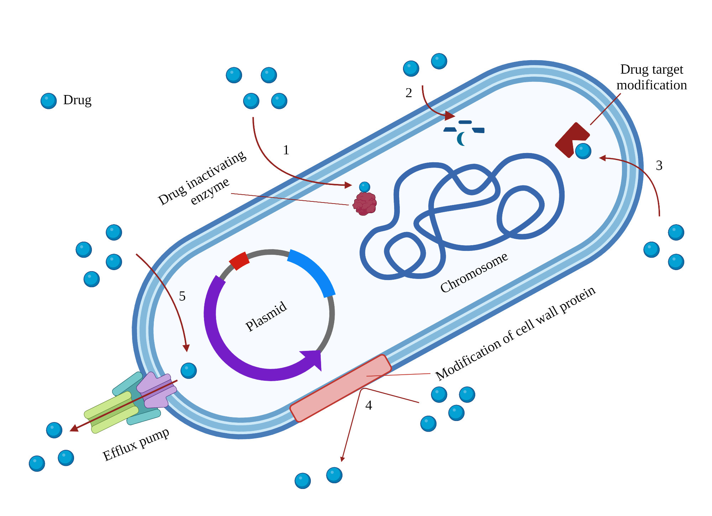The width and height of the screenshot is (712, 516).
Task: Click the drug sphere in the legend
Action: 49,101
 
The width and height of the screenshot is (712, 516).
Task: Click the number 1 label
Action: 286,150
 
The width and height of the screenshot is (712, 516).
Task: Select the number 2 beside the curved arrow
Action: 409,93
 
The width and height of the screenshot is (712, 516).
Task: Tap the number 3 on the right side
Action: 659,165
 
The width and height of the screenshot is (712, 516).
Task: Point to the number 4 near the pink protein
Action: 368,405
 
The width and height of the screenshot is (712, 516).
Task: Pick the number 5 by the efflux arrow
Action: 182,296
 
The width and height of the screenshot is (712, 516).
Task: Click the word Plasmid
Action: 266,316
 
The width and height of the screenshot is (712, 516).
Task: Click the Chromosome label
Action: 474,273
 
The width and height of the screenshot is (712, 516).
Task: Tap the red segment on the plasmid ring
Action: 239,261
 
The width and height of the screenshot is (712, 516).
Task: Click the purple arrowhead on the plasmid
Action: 313,359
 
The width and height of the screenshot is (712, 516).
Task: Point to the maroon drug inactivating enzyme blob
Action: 365,204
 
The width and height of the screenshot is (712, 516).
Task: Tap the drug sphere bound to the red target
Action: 583,151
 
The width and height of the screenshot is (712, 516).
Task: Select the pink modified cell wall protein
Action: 341,388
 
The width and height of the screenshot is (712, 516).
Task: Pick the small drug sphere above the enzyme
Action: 365,187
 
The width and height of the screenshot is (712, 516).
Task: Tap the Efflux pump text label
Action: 136,444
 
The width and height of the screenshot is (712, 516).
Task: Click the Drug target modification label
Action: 651,77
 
